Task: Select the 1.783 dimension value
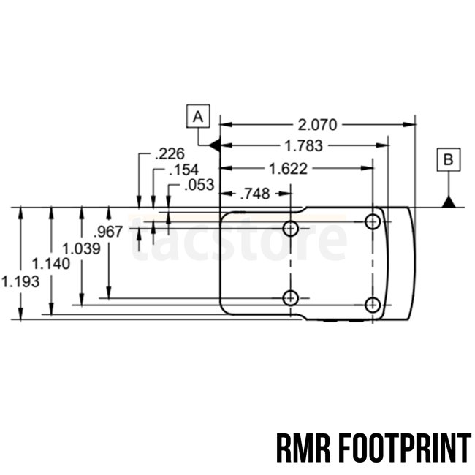(x=303, y=145)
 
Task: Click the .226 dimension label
(x=170, y=154)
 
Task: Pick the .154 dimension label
(x=183, y=170)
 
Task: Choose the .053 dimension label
(x=199, y=185)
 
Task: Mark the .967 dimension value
(x=110, y=232)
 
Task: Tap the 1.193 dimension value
(x=20, y=280)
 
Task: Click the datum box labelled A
(x=198, y=115)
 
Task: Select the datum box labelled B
(x=449, y=159)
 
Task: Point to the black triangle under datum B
(x=449, y=201)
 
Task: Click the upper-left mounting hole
(x=291, y=229)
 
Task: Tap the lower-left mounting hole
(x=291, y=297)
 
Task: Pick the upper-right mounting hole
(x=373, y=221)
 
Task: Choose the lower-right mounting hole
(x=373, y=305)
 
